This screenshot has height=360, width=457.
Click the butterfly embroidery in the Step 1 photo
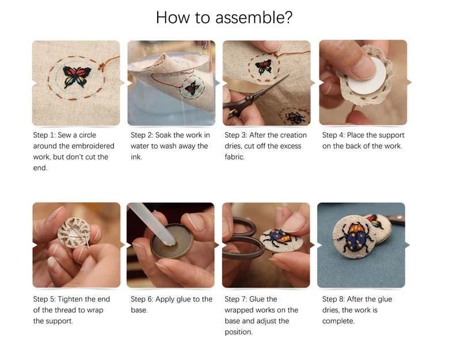77,76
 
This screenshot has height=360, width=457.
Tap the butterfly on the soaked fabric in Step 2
192,87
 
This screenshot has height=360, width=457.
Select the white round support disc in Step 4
367,76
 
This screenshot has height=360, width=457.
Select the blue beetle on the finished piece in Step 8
356,236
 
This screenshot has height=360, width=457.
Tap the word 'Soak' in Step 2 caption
163,135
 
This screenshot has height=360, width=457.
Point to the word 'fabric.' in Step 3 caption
235,157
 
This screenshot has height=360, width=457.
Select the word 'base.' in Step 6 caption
139,310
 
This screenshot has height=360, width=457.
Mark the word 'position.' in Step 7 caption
238,332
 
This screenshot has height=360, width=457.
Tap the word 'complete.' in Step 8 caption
338,321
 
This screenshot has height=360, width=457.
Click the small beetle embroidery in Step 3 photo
295,118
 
